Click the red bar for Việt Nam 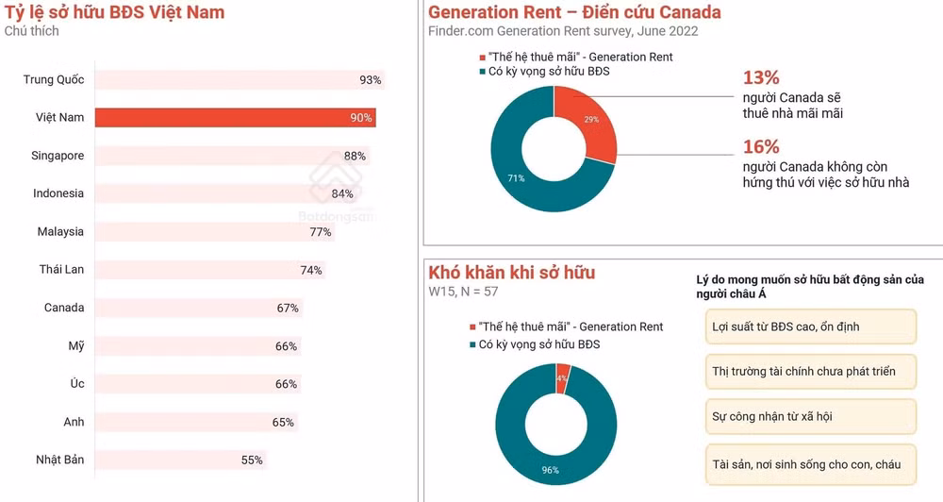[x=235, y=117]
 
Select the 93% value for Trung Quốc [x=370, y=80]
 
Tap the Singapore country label [x=58, y=156]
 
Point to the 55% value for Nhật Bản [x=252, y=460]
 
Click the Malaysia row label [x=60, y=231]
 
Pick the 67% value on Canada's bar [x=288, y=309]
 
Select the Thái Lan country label [x=61, y=269]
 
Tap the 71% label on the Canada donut [x=516, y=178]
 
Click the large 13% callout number [x=761, y=77]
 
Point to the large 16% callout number [x=761, y=147]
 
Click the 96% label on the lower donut [x=551, y=470]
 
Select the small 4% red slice [x=563, y=378]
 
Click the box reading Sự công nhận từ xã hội [x=811, y=416]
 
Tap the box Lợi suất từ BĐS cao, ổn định [x=811, y=326]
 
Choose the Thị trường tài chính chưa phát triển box [x=811, y=372]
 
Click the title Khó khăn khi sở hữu [x=512, y=273]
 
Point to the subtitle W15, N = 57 [x=463, y=292]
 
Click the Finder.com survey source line [x=563, y=31]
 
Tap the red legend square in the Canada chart [x=482, y=58]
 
